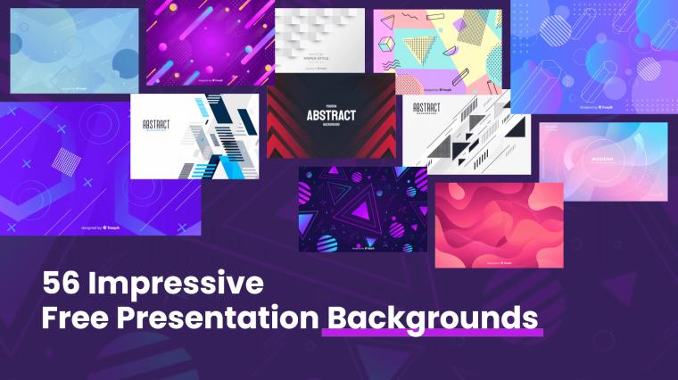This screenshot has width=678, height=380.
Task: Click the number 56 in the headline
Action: (x=62, y=285)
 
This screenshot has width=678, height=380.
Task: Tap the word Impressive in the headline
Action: (x=176, y=285)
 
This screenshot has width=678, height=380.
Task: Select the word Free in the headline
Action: (x=79, y=317)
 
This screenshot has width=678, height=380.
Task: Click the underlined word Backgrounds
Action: (x=433, y=318)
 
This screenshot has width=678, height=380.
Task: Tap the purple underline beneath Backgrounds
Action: (x=433, y=335)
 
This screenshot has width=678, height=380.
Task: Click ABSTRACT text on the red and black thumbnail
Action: (x=331, y=115)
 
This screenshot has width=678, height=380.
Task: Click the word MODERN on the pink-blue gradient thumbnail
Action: (x=604, y=161)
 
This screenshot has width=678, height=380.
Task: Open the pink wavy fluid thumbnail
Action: (x=499, y=224)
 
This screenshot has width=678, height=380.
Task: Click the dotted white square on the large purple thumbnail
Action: (x=68, y=161)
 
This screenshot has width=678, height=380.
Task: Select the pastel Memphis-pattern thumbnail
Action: (x=437, y=51)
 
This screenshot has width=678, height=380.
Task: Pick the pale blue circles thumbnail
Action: (x=74, y=51)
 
